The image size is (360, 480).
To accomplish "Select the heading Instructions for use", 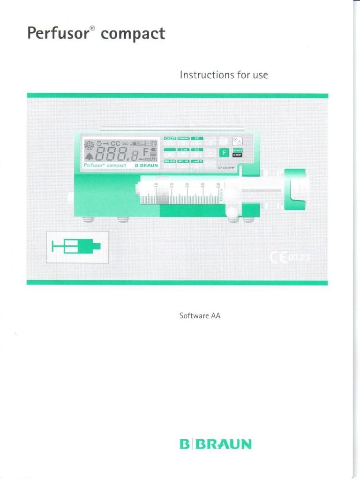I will point(224,75).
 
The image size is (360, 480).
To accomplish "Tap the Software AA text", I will point(200,315).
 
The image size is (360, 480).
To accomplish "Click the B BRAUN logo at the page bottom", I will point(216,444).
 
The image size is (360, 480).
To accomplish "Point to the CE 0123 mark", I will point(291,257).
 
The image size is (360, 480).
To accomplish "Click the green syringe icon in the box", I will point(78,247).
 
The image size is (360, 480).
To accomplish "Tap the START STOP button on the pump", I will point(237,152).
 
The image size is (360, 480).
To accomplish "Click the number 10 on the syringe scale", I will point(156,187).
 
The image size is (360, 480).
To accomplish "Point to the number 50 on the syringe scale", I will point(218,187).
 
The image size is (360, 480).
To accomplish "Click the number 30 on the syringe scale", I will point(187,187).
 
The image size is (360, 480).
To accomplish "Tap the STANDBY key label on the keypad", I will point(183,139).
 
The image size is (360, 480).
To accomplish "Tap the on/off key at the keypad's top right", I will point(237,141).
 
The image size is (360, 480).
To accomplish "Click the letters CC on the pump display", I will point(115,143).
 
